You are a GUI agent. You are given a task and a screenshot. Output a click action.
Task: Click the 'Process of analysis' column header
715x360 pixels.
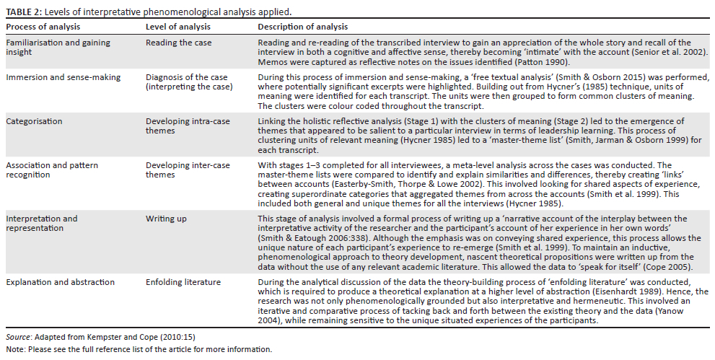coord(43,27)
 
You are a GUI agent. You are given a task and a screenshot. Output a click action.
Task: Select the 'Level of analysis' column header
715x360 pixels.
coord(178,27)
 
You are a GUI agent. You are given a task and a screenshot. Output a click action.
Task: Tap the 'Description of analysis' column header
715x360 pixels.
coord(303,27)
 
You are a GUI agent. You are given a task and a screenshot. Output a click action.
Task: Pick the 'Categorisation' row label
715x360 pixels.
coord(35,121)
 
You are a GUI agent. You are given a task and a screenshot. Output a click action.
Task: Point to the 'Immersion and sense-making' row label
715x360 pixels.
coord(63,77)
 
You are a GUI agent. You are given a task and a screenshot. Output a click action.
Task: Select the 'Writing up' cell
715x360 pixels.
coord(167,219)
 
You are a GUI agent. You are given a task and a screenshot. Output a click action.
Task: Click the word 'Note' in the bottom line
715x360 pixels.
coord(14,349)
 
